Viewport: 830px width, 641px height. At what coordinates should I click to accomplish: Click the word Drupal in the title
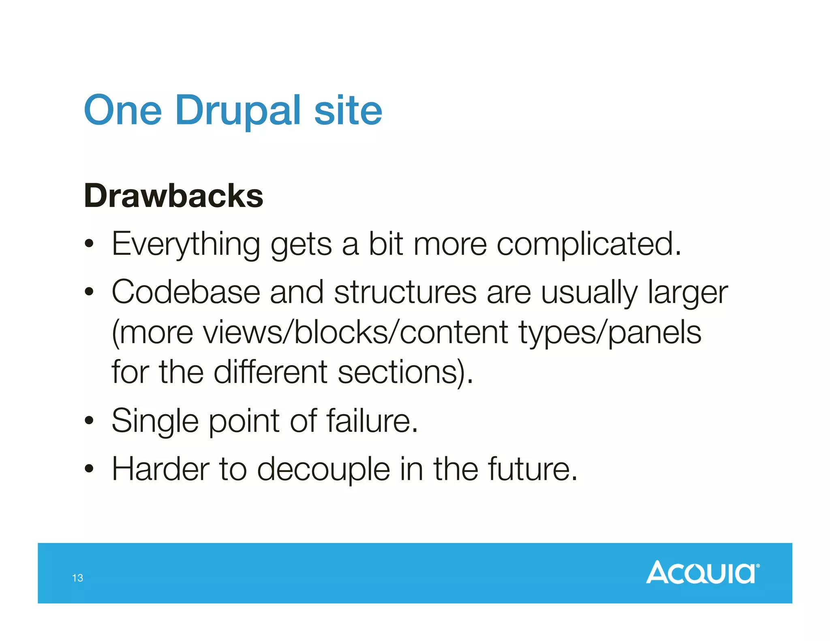[x=238, y=110]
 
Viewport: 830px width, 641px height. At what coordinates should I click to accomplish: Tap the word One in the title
[x=123, y=110]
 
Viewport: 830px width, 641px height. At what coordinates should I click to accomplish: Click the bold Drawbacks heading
[x=173, y=196]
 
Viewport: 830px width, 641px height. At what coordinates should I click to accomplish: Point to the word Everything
[x=186, y=244]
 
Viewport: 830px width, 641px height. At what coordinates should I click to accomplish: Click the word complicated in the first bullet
[x=588, y=244]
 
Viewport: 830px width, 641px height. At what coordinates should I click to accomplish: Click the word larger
[x=688, y=293]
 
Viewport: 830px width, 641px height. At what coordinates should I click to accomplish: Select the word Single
[x=155, y=421]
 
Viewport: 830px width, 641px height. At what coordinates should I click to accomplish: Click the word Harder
[x=160, y=469]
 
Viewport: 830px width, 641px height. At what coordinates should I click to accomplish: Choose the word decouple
[x=323, y=470]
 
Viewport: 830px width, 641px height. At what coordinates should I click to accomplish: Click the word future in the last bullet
[x=532, y=469]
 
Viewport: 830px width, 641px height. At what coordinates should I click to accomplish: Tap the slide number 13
[x=77, y=578]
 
